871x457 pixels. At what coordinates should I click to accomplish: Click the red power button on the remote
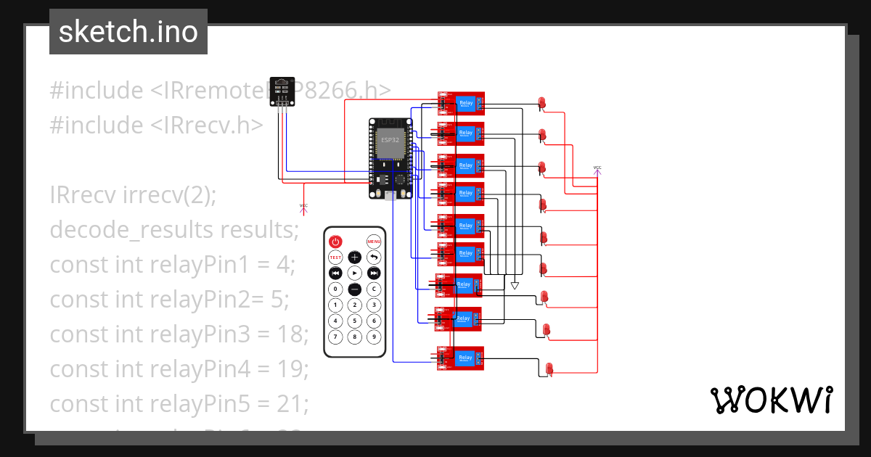point(335,242)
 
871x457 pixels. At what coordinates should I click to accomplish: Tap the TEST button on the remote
point(335,258)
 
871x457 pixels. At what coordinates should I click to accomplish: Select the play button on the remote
point(354,273)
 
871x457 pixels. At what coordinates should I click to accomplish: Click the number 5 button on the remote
point(354,321)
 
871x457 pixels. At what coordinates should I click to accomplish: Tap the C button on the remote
point(374,289)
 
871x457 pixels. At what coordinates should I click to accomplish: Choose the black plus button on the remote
point(354,258)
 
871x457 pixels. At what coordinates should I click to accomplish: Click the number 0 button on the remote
point(335,289)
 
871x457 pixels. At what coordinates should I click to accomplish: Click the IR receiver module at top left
point(281,91)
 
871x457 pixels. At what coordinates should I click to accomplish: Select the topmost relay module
point(460,104)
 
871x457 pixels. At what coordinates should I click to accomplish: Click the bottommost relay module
point(460,358)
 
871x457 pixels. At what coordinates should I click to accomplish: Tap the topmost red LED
point(541,103)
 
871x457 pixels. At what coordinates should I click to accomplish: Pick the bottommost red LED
point(549,369)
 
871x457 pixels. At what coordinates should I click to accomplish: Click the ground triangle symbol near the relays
point(515,285)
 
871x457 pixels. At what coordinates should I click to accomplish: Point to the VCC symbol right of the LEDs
point(597,169)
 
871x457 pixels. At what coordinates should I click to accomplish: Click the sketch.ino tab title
point(128,32)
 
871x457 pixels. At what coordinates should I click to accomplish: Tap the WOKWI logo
point(771,400)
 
